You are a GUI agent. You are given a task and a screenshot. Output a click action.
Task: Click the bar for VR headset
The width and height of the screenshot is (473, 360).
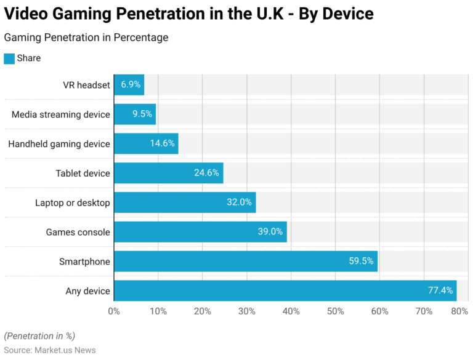tap(129, 85)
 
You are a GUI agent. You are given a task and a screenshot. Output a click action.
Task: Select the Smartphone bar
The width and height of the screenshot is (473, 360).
tap(246, 262)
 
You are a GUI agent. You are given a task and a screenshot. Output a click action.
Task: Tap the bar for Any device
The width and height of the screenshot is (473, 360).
tap(285, 291)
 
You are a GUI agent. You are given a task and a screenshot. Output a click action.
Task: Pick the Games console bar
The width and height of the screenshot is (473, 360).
tap(200, 232)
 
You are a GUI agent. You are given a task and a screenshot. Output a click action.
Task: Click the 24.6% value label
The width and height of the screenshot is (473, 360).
tap(206, 173)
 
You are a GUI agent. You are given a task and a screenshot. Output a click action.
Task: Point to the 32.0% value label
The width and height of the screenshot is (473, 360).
tap(239, 202)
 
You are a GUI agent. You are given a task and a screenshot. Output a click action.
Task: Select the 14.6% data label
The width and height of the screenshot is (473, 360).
tap(161, 144)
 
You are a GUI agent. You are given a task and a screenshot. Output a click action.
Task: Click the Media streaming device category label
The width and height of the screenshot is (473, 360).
tap(61, 114)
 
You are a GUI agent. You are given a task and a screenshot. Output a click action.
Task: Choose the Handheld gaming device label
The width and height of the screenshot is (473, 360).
tap(59, 144)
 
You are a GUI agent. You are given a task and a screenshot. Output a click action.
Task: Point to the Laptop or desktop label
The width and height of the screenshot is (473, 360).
tap(73, 202)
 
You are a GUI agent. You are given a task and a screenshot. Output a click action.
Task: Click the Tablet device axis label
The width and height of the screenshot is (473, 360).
tap(83, 173)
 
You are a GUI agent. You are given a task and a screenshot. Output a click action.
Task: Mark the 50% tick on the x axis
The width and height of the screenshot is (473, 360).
tap(335, 311)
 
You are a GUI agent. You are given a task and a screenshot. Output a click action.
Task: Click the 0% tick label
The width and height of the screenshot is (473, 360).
tap(114, 311)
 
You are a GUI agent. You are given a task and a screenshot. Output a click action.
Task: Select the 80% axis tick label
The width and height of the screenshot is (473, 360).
tap(459, 311)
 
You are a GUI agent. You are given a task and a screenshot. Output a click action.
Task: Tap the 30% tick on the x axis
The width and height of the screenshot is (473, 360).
tap(246, 311)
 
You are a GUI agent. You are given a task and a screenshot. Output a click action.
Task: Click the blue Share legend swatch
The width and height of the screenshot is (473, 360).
tap(9, 58)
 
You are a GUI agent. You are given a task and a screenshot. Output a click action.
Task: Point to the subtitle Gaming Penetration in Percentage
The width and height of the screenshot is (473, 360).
tap(86, 38)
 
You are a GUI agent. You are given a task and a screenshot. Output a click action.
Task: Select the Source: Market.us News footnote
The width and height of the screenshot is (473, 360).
tap(49, 350)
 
